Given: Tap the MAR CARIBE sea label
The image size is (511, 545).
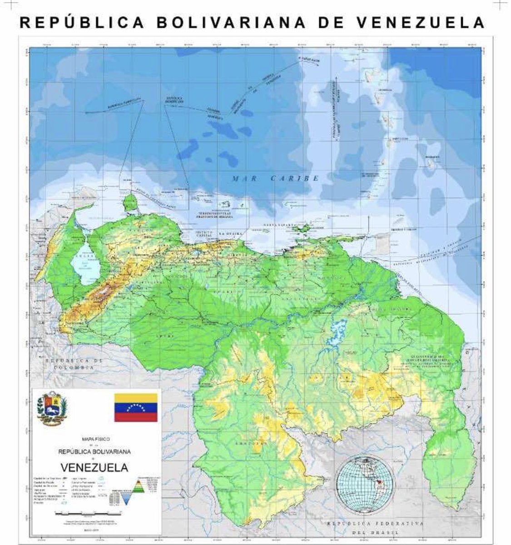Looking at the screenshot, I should click(x=276, y=178).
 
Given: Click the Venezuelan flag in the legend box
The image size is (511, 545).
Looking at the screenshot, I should click(x=135, y=407).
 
